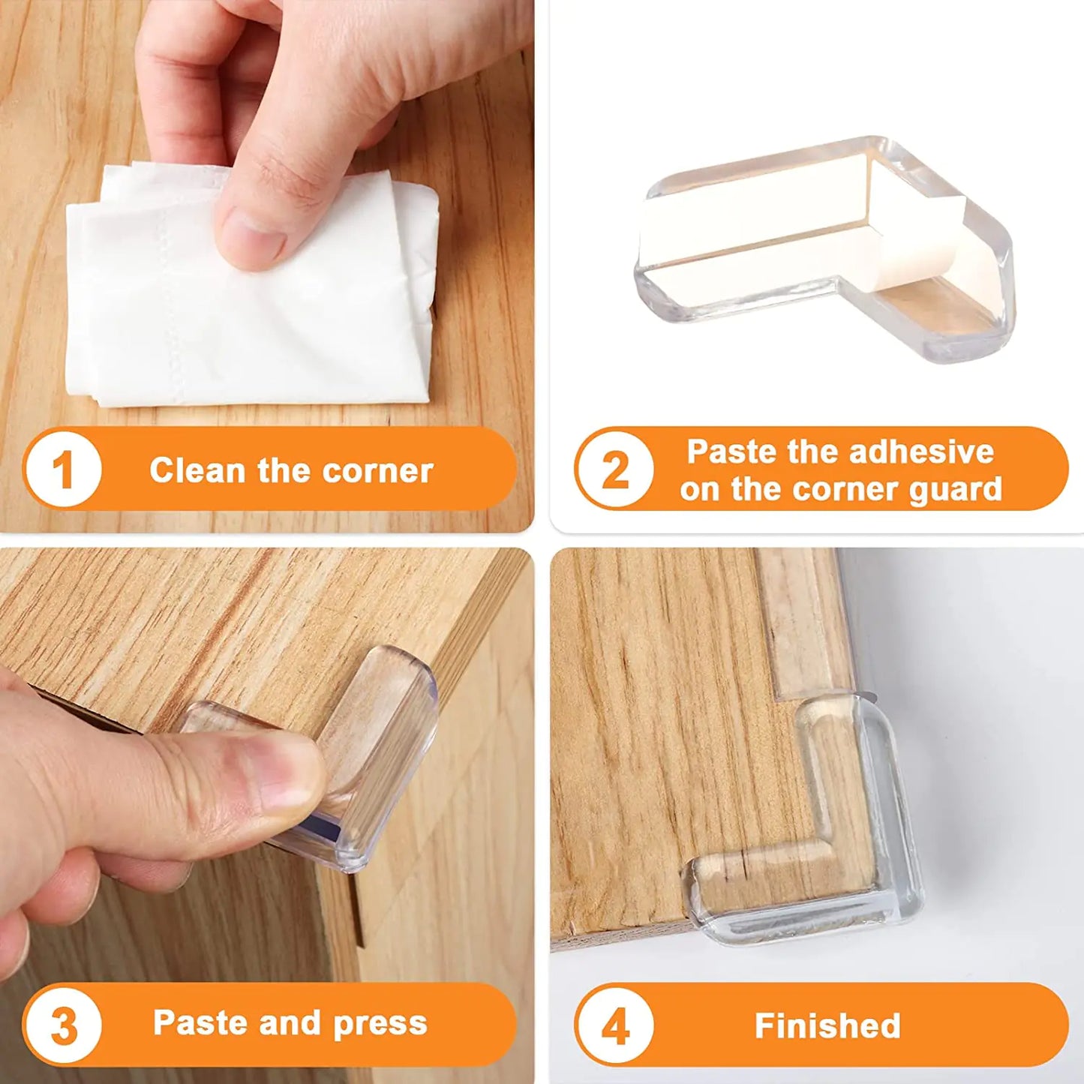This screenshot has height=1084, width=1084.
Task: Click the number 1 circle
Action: coord(62,470)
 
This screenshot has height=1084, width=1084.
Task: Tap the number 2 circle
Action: coord(615,470)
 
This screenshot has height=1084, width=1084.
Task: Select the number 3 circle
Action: coord(62,1025)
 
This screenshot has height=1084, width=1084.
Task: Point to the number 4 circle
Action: coord(615,1025)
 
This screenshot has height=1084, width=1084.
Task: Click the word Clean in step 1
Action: coord(197,471)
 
